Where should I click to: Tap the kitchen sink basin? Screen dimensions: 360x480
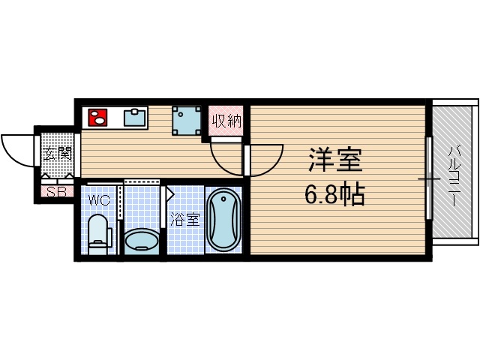pos(135,118)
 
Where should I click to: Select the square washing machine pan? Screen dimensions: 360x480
pos(187,119)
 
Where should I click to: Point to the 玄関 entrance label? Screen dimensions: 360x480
pos(56,154)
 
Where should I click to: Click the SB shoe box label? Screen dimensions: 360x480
pos(55,191)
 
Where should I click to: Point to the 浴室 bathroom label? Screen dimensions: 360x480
pos(184,220)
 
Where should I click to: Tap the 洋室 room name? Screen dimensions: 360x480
pos(335,161)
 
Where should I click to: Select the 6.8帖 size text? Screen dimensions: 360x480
pos(334,195)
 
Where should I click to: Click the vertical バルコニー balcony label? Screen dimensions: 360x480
pos(454,173)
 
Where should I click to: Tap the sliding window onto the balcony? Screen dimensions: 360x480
pos(429,178)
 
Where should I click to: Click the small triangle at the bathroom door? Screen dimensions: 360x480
pos(169,194)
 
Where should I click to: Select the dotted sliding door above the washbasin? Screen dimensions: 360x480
pos(142,182)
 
